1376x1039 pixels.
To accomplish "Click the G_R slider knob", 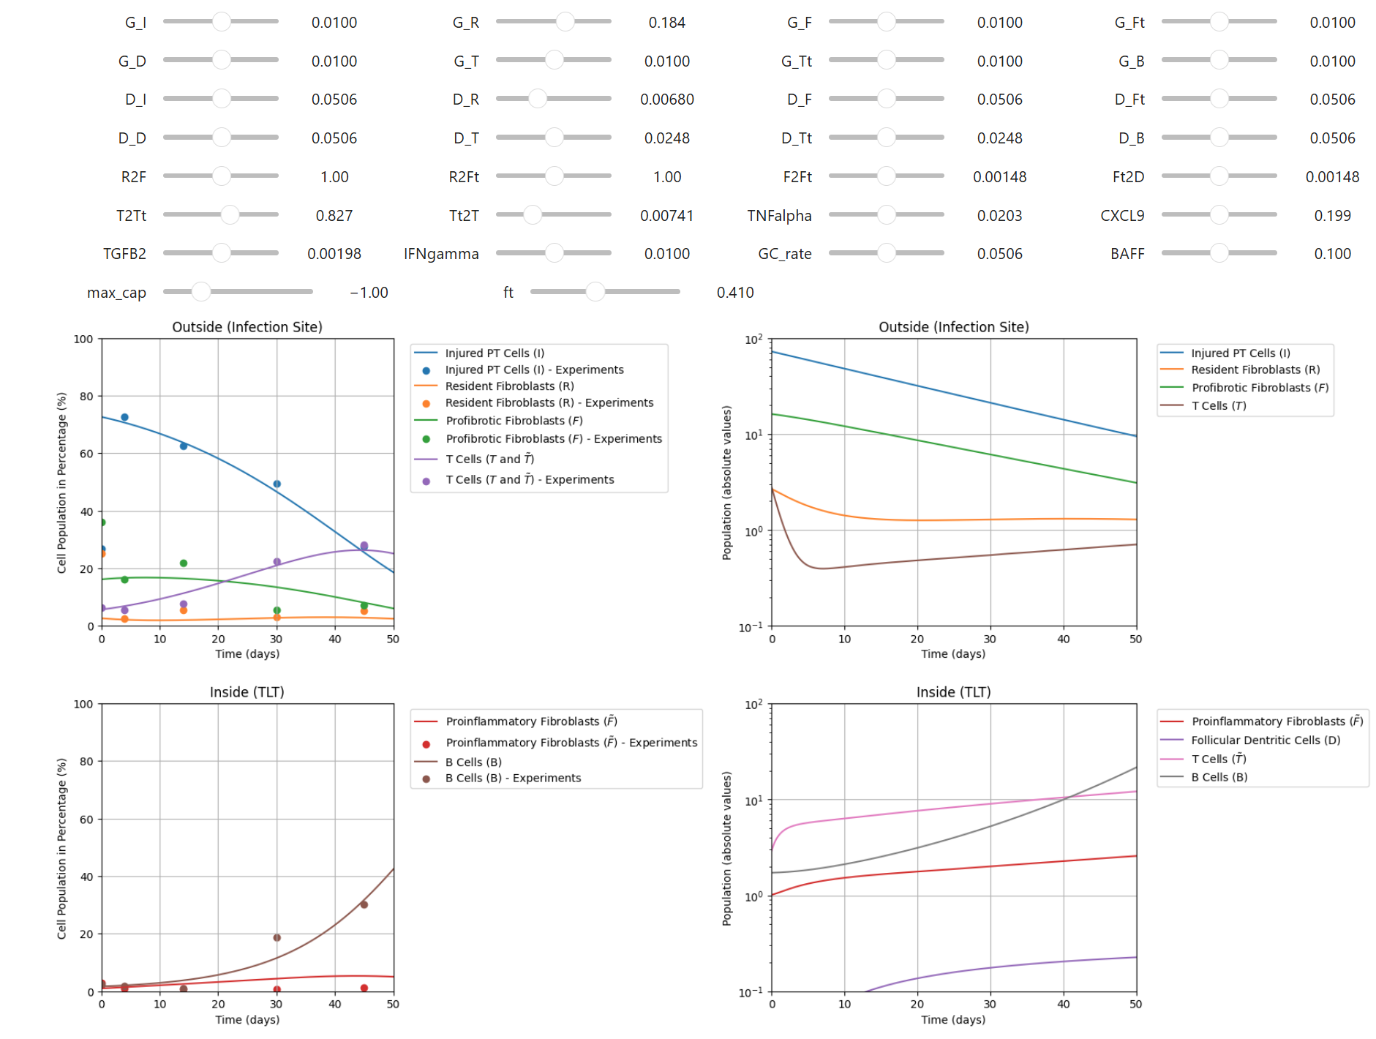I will tap(565, 22).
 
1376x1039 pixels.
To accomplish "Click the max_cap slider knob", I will tap(200, 292).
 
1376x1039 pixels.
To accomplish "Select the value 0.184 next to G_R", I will tap(666, 23).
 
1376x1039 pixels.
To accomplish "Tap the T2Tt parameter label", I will tap(131, 216).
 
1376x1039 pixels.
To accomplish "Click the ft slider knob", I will tap(595, 292).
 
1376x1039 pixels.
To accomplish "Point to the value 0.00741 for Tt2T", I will tap(666, 216).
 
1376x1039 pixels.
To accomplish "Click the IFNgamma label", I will tap(441, 254).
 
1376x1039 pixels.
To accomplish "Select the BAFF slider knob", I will tap(1219, 253).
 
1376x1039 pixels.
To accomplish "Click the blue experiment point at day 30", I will tap(277, 484).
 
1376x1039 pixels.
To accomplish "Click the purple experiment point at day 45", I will tap(364, 546).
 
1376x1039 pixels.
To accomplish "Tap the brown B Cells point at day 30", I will tap(277, 937).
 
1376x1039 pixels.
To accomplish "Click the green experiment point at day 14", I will tap(184, 563).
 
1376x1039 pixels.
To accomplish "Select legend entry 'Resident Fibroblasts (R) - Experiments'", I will tap(549, 402).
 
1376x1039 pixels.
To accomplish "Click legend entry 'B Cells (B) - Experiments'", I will tap(513, 778).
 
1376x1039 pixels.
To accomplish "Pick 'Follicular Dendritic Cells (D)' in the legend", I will tap(1265, 740).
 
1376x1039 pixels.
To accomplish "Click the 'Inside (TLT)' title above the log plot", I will tap(952, 692).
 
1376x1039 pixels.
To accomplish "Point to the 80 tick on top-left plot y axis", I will tap(86, 396).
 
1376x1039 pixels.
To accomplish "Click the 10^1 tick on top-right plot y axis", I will tap(753, 435).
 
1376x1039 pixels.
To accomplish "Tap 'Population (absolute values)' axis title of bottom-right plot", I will tap(726, 848).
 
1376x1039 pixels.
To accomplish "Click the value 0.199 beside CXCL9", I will tap(1331, 216).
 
